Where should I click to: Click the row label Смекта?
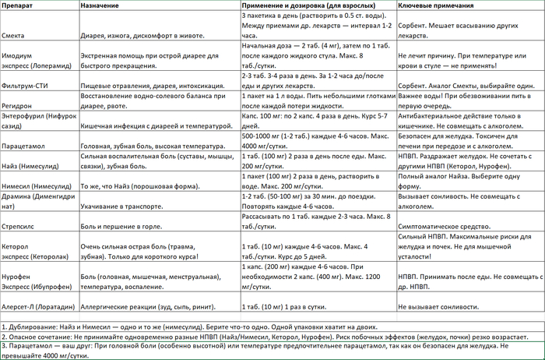pos(15,35)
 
